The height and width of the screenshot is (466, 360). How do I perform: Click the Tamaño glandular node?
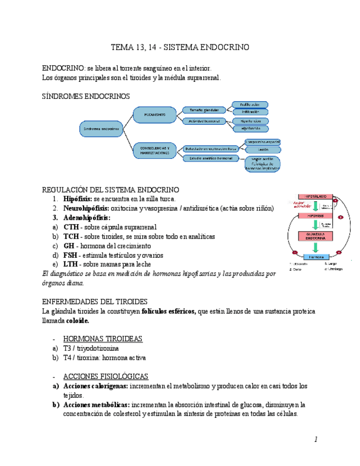[200, 109]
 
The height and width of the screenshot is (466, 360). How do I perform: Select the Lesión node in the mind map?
[262, 149]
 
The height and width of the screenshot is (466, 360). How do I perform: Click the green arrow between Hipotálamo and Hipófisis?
[315, 206]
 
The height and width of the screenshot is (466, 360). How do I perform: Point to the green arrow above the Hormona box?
[315, 247]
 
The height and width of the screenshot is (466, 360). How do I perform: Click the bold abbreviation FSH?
[70, 255]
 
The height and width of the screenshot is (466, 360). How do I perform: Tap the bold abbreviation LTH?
[70, 264]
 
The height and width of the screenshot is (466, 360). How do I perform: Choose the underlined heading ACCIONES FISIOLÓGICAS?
[106, 376]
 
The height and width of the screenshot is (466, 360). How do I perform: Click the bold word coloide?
[77, 320]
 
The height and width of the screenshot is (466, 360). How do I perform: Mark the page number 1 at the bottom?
[316, 439]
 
